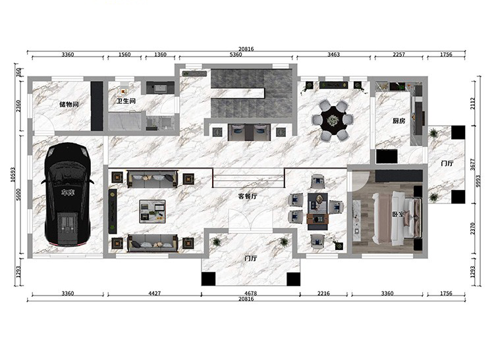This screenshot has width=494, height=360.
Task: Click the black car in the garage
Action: click(x=68, y=194)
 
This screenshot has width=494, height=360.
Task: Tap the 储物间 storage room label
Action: click(x=69, y=104)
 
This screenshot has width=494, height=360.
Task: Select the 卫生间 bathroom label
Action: click(x=126, y=101)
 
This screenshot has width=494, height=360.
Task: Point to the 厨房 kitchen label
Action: click(x=399, y=120)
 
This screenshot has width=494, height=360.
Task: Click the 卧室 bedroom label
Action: click(x=398, y=215)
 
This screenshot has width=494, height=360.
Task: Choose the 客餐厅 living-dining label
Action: click(x=248, y=196)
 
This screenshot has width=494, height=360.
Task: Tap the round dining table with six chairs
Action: click(x=333, y=120)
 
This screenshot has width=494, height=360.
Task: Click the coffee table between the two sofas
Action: click(x=153, y=211)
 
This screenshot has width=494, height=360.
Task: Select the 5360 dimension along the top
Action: click(x=236, y=55)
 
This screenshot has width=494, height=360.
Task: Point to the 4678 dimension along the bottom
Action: click(x=250, y=294)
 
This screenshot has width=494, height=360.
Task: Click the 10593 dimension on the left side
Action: click(x=13, y=174)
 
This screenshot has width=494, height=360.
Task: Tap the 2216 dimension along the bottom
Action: click(x=323, y=294)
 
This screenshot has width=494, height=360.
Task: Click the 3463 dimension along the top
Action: click(x=334, y=55)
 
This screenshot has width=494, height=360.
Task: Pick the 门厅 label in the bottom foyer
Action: click(x=251, y=259)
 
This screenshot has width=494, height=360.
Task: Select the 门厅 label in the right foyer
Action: click(x=447, y=163)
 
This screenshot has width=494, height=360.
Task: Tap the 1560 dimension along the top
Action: click(x=124, y=55)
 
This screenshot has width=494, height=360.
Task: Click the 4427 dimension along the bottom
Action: click(x=154, y=294)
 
